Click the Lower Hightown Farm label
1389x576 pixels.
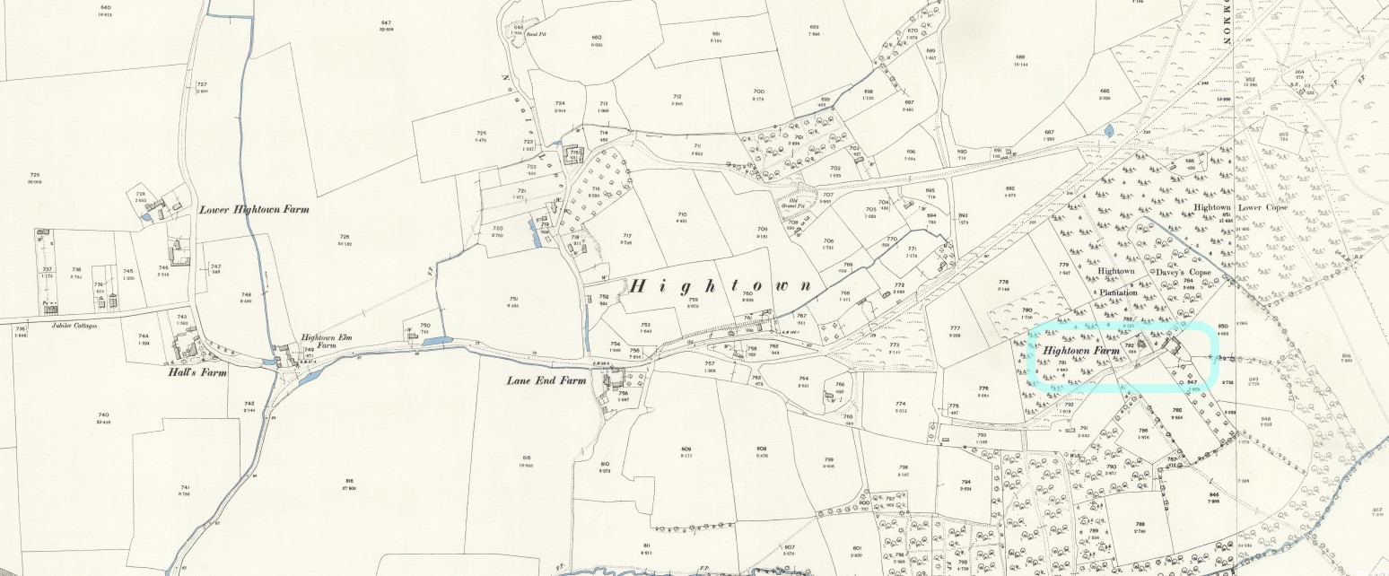click(x=254, y=209)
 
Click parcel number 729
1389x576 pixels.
click(x=34, y=175)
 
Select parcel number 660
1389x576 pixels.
click(x=596, y=38)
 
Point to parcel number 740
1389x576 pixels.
click(x=102, y=415)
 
